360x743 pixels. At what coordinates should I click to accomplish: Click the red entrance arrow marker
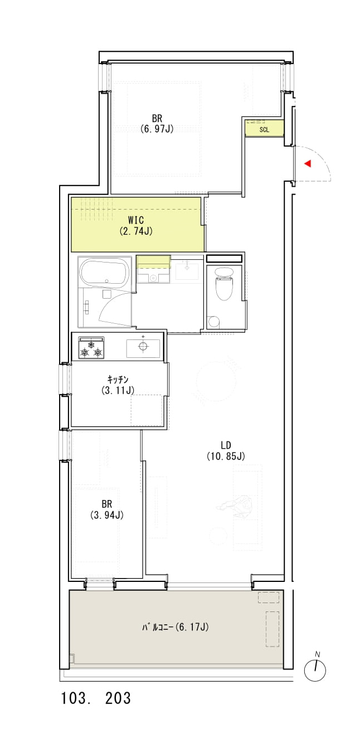point(308,163)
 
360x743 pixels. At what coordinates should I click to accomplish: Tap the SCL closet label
point(264,130)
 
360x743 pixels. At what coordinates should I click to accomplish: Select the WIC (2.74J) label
point(136,226)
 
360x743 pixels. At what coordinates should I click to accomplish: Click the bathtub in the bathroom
point(104,273)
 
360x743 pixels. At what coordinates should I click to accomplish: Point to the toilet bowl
point(224,284)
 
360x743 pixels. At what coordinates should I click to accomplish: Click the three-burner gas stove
point(91,348)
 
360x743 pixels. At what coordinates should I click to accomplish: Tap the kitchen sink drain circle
point(143,346)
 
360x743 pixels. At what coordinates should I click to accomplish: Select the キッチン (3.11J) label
point(118,385)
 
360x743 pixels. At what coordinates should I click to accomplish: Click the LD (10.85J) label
point(226,450)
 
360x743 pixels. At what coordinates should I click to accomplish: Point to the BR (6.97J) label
point(157,123)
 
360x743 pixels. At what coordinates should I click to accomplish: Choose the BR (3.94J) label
point(107,509)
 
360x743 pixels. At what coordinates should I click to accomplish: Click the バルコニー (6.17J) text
point(175,627)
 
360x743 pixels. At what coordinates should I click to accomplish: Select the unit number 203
point(118,698)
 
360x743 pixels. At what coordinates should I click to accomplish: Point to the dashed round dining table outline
point(216,381)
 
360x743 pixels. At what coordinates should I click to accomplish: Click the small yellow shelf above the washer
point(153,262)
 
